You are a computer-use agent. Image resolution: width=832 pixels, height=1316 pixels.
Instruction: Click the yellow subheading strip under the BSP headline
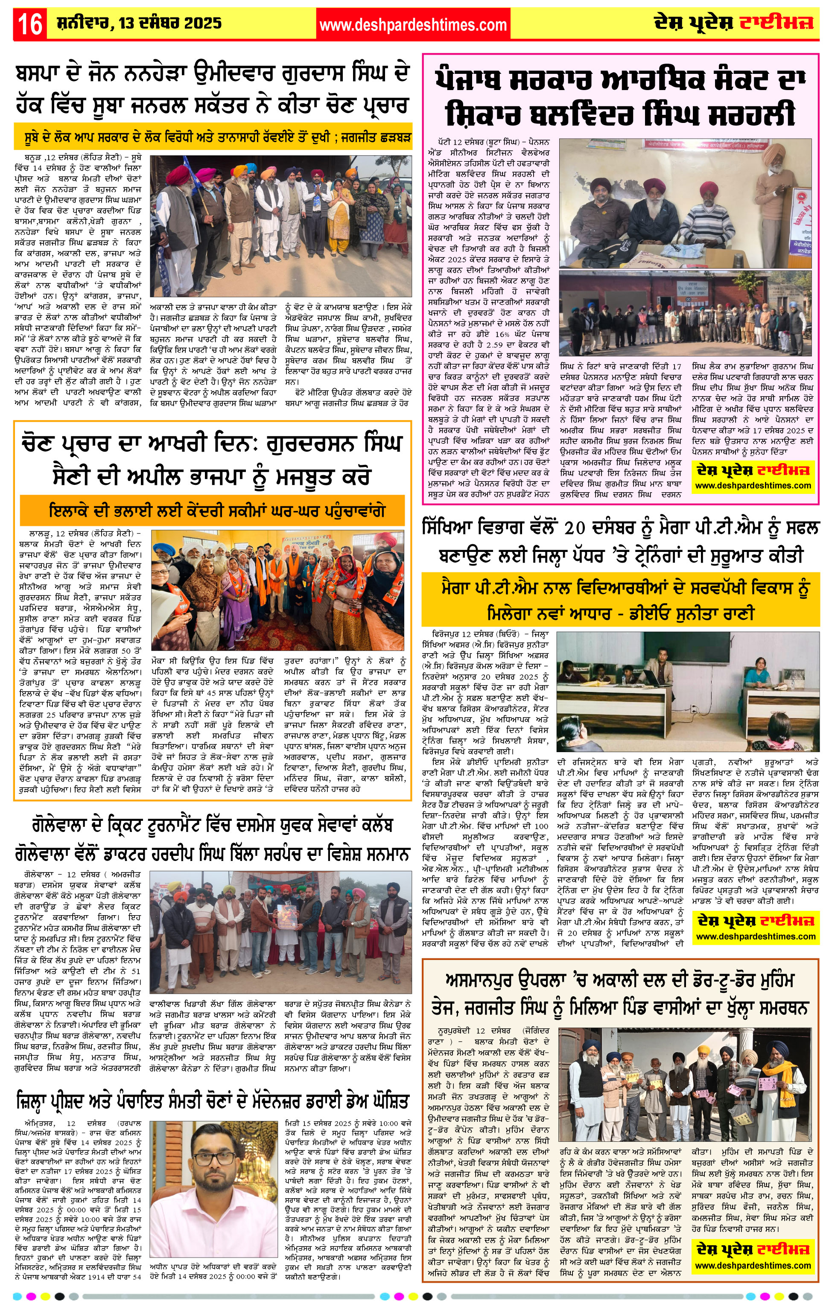click(x=213, y=137)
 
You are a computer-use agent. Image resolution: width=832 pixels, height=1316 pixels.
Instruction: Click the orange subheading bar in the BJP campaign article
click(x=213, y=511)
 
